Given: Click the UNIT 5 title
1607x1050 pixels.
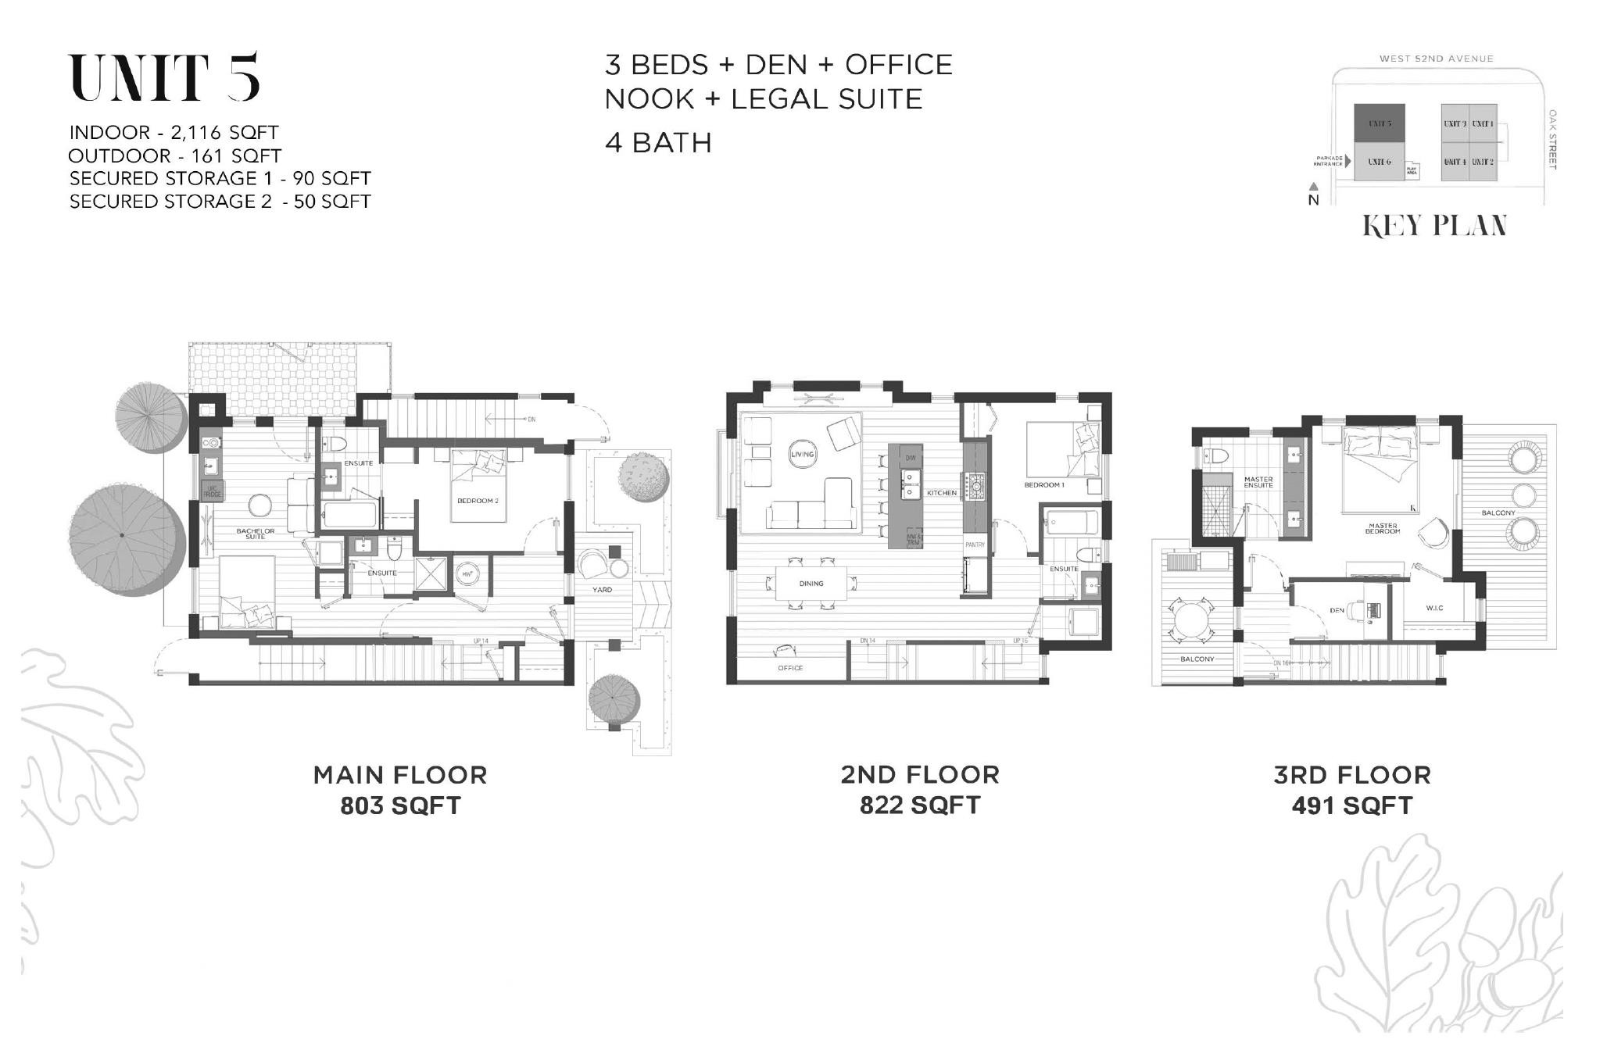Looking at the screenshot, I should coord(165,78).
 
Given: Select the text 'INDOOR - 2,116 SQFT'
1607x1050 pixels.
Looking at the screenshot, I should coord(174,132).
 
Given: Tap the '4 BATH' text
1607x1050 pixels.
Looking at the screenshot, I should coord(658,143).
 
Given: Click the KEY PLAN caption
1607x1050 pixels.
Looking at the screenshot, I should coord(1435,226).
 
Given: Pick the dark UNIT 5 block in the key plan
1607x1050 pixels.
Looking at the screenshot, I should coord(1379,123).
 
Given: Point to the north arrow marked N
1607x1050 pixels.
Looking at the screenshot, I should coord(1314,195).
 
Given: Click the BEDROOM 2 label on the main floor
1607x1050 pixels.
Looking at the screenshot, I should coord(478,500).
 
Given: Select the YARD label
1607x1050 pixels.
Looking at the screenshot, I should coord(602,589).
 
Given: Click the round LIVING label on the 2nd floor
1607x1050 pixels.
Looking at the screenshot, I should coord(802,455).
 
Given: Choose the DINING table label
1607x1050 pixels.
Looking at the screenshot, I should coord(811,584).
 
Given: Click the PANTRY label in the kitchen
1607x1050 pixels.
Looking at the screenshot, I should coord(975,545).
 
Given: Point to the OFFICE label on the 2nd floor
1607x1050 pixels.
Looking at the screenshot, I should coord(790,668).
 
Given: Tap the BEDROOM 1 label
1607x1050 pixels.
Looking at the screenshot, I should coord(1044,485).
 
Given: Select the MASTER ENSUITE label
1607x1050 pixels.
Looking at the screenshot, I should coord(1258,482).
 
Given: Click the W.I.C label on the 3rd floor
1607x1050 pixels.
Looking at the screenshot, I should coord(1433,608).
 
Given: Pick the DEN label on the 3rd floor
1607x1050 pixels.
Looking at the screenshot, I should coord(1337,610).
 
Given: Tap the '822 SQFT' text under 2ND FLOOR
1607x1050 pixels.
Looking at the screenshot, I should coord(920,805).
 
